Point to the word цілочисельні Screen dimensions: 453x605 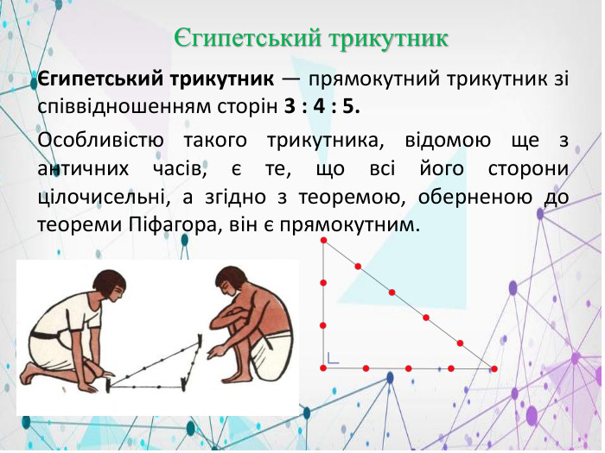coord(105,196)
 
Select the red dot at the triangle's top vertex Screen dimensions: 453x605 coord(323,241)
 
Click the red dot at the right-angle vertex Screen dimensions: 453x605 coord(323,368)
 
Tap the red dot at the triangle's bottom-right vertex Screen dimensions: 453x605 coord(494,368)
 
